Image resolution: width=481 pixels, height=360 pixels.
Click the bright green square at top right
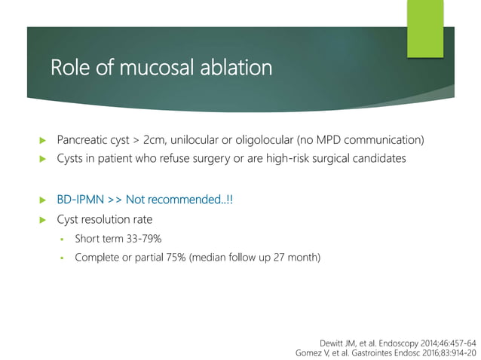tap(425, 29)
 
